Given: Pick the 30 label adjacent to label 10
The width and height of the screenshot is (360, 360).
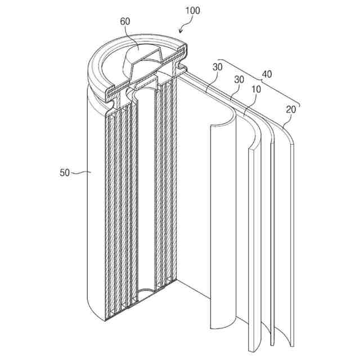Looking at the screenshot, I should point(238,80).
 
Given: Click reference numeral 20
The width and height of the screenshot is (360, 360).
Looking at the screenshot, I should point(290,110).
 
